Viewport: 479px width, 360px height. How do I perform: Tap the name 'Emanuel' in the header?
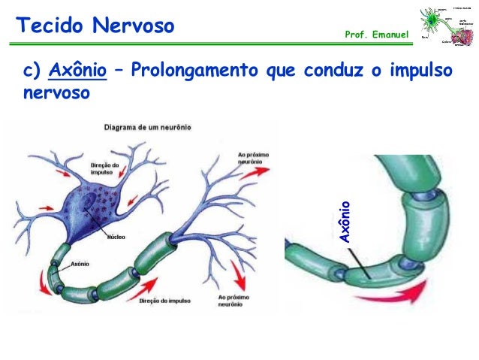[388, 36]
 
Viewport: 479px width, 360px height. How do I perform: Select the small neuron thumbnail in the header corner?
[447, 29]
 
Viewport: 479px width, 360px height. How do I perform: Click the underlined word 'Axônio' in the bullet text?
[77, 71]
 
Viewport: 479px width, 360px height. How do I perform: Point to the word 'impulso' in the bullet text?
[420, 71]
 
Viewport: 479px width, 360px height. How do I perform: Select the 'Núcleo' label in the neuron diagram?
[116, 235]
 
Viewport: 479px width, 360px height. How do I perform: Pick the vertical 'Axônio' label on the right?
[345, 222]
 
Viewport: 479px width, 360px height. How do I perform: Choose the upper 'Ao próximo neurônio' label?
[250, 159]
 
